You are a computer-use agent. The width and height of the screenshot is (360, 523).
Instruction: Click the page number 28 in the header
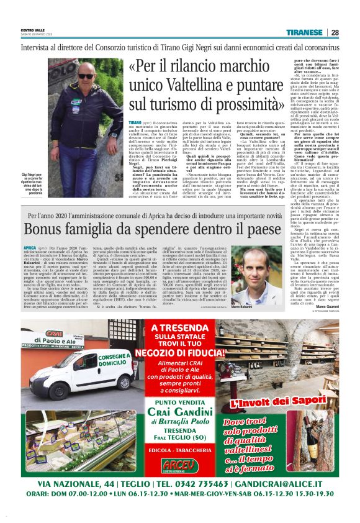point(335,32)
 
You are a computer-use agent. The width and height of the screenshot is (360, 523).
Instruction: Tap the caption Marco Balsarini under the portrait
point(244,308)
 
